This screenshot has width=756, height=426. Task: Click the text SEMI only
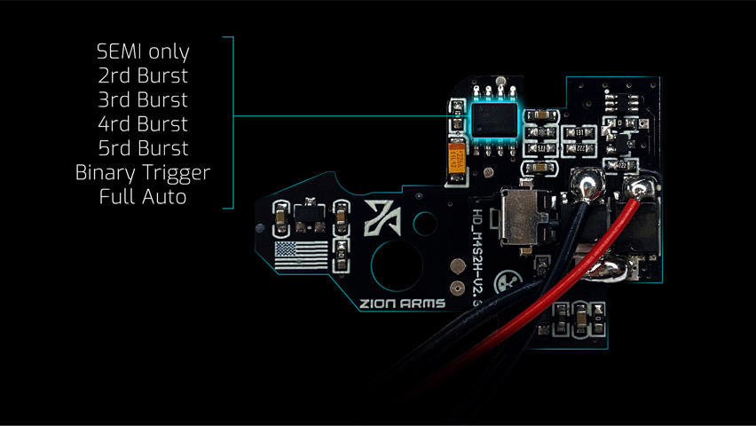(144, 52)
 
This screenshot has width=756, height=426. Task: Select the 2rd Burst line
(144, 76)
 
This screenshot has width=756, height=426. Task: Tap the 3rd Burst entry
(144, 100)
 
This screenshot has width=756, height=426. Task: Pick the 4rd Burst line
(144, 124)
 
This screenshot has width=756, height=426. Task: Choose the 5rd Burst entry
(144, 148)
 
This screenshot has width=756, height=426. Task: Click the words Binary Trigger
(144, 172)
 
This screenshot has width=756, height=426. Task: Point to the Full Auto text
(144, 196)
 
